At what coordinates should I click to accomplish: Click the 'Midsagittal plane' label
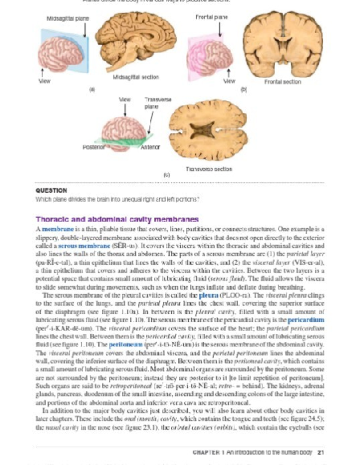67,18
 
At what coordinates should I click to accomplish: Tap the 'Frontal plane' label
211,17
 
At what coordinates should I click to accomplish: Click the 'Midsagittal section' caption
136,77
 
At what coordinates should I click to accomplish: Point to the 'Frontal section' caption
282,82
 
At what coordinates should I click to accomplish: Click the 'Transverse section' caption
209,169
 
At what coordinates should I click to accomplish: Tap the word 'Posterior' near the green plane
94,147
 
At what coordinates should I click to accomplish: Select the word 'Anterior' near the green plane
150,147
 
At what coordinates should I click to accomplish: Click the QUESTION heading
51,190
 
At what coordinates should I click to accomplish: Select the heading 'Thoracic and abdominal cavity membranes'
117,219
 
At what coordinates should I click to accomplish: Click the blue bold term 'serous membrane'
84,246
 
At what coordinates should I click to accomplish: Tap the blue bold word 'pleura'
208,296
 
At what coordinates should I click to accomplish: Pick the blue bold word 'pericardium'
306,320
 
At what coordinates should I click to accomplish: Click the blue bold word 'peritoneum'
125,345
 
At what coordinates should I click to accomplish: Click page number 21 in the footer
321,452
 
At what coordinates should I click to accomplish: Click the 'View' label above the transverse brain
125,100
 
